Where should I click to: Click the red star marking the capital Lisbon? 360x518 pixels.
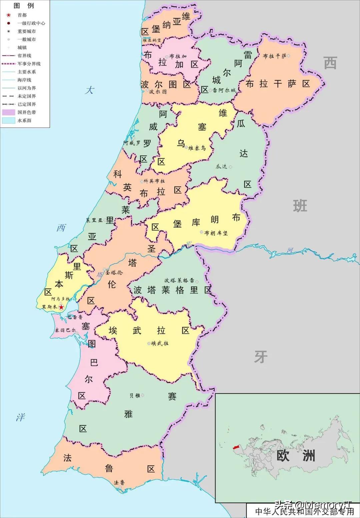tap(61, 307)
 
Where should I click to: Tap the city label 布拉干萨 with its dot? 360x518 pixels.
tap(276, 56)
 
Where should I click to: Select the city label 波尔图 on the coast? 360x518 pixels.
tap(157, 91)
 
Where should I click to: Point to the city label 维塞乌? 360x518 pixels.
tap(197, 148)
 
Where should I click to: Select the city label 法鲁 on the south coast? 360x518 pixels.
tap(119, 483)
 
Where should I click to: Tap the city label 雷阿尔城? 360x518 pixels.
tap(223, 90)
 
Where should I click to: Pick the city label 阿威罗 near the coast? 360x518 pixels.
tap(132, 143)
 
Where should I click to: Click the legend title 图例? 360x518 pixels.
tap(24, 6)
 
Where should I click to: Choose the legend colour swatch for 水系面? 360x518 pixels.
tap(9, 120)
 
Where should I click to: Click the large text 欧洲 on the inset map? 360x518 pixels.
tap(295, 456)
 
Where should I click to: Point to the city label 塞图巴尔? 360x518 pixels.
tap(66, 330)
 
